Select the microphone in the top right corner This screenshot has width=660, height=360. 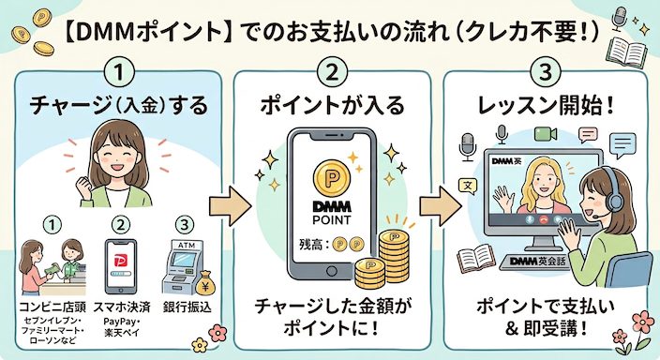pyautogui.click(x=619, y=18)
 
